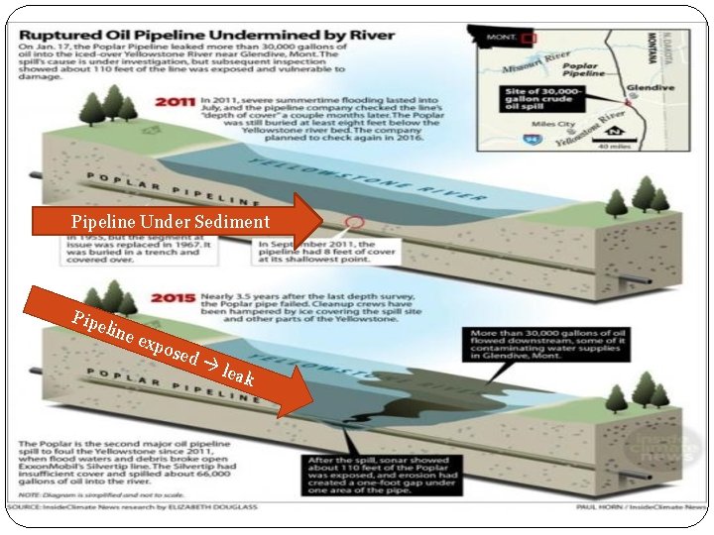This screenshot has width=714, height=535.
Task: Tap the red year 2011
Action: (x=177, y=101)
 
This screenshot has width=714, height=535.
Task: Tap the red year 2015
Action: (x=177, y=294)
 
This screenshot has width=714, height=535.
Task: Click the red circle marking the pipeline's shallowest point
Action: (x=353, y=222)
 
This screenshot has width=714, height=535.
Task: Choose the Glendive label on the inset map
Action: (x=653, y=88)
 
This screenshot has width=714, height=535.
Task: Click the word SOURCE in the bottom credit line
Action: (x=34, y=508)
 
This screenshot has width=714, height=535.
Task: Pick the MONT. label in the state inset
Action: (x=498, y=38)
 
